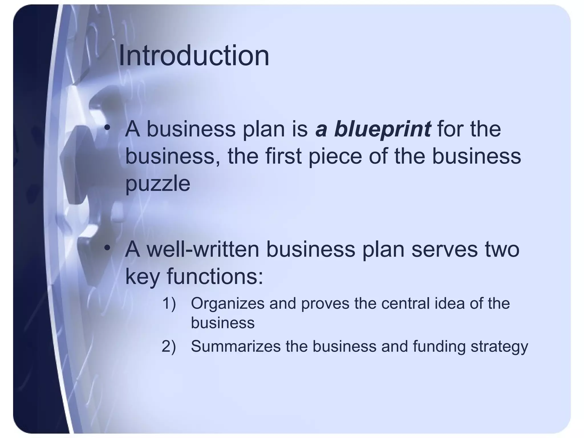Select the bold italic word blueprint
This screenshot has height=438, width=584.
[382, 129]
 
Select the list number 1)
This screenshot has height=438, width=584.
[169, 303]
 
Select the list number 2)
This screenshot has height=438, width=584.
[169, 346]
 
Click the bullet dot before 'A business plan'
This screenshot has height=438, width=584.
[107, 128]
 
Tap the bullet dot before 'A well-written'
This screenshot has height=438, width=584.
[107, 248]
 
